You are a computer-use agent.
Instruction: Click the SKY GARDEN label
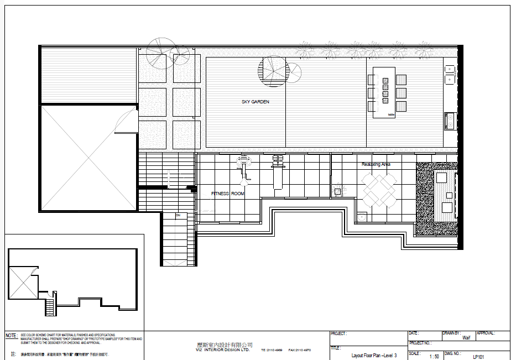(x=256, y=102)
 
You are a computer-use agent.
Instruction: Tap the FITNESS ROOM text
(x=227, y=194)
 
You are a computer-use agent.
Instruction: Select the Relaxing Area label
(x=376, y=164)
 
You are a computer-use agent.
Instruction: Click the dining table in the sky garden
(x=384, y=92)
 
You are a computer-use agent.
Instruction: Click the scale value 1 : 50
(x=434, y=357)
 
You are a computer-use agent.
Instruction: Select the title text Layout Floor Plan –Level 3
(x=374, y=356)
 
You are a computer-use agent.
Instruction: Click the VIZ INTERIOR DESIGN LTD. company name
(x=223, y=350)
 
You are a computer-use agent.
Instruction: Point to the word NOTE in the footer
(x=11, y=336)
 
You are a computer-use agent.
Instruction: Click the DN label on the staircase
(x=178, y=215)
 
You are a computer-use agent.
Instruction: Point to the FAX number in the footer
(x=299, y=350)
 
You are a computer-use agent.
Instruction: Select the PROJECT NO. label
(x=419, y=343)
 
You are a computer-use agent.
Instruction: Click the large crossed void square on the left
(x=88, y=158)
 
